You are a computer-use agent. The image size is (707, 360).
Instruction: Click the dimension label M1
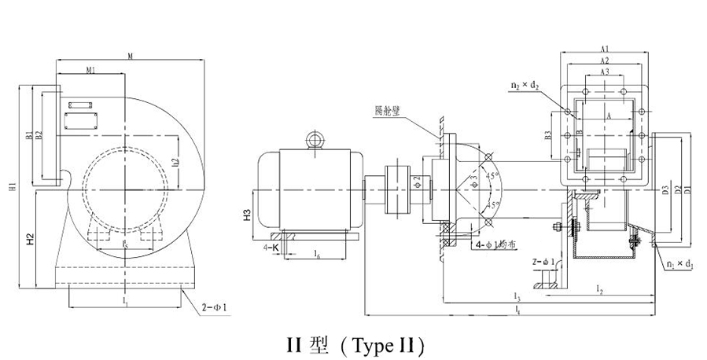(91, 70)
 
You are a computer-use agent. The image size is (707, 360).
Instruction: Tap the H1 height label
(13, 186)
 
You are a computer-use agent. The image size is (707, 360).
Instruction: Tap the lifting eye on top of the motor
(315, 140)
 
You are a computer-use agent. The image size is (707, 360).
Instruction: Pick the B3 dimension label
(547, 134)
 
